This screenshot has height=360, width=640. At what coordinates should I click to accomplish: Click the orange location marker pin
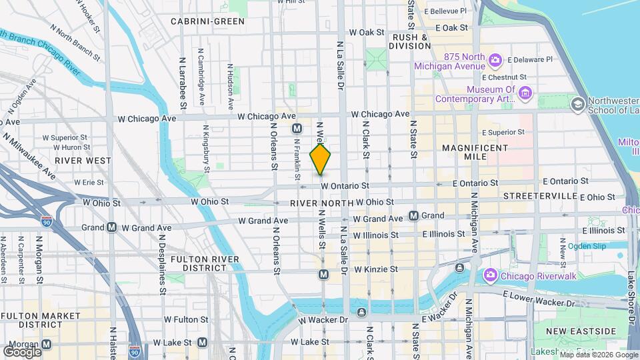(321, 159)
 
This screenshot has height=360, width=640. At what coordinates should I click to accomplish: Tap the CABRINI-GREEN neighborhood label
(207, 21)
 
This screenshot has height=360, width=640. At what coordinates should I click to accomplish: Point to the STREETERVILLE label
(539, 196)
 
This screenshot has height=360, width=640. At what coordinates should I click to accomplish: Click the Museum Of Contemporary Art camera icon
(526, 92)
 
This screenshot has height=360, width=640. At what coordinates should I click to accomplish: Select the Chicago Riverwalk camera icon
(490, 275)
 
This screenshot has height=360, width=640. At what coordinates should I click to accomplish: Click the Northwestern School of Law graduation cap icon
(577, 104)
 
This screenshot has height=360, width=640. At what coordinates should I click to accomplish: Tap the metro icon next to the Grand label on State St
(413, 216)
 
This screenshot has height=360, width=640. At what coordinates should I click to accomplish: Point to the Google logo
(23, 351)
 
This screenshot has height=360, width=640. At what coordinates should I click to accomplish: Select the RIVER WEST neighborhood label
(83, 161)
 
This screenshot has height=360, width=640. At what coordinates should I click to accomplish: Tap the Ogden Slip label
(587, 246)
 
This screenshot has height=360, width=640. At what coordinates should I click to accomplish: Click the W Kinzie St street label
(375, 269)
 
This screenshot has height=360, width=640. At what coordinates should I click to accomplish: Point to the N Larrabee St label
(182, 83)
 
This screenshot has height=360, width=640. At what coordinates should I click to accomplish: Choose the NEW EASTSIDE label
(580, 331)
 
